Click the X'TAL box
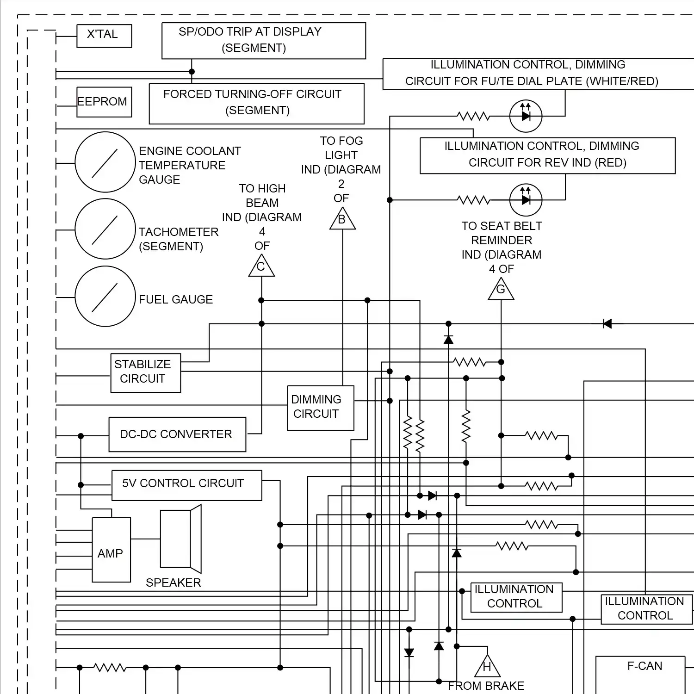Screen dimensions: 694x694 pyautogui.click(x=104, y=36)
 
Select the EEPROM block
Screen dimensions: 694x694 pyautogui.click(x=104, y=102)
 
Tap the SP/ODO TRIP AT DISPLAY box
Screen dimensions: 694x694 pyautogui.click(x=263, y=41)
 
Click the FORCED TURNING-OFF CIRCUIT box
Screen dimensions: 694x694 pyautogui.click(x=256, y=103)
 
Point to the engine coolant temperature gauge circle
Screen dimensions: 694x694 pyautogui.click(x=105, y=162)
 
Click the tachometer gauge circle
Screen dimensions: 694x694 pyautogui.click(x=105, y=229)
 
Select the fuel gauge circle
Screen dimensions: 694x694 pyautogui.click(x=105, y=296)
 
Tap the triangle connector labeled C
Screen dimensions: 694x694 pyautogui.click(x=261, y=267)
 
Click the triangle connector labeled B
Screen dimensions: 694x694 pyautogui.click(x=342, y=220)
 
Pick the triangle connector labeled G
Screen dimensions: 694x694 pyautogui.click(x=501, y=291)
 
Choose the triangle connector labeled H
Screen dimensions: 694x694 pyautogui.click(x=487, y=667)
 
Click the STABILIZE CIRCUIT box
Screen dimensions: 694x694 pyautogui.click(x=145, y=373)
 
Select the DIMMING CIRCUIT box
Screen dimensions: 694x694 pyautogui.click(x=320, y=408)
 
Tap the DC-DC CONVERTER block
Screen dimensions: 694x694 pyautogui.click(x=177, y=434)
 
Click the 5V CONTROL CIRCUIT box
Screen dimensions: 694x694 pyautogui.click(x=186, y=485)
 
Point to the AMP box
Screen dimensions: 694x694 pyautogui.click(x=111, y=550)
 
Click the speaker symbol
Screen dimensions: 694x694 pyautogui.click(x=181, y=539)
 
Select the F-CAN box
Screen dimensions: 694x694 pyautogui.click(x=640, y=675)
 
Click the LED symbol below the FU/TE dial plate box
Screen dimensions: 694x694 pyautogui.click(x=526, y=116)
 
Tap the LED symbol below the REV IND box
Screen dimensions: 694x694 pyautogui.click(x=526, y=200)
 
